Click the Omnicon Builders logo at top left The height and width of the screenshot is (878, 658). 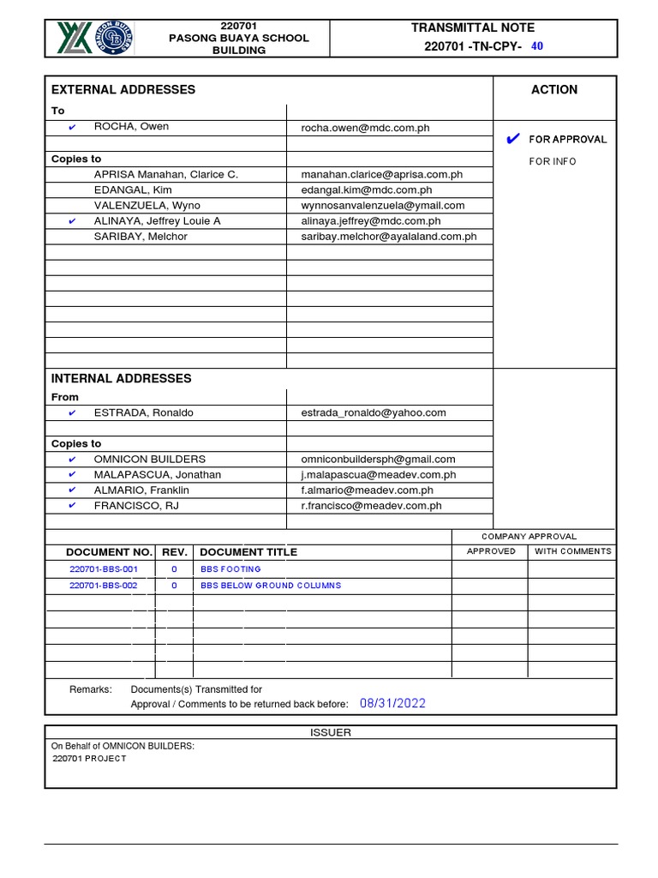tap(95, 39)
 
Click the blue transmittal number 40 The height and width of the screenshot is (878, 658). tap(537, 46)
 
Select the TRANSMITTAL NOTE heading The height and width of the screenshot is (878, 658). tap(472, 28)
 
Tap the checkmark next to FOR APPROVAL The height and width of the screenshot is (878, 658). tap(513, 139)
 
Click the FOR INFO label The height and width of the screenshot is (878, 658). tap(553, 161)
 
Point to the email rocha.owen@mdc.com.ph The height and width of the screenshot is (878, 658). tap(365, 128)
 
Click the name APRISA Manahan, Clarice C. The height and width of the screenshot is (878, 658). tap(165, 174)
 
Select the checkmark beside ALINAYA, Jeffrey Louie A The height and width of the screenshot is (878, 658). tap(72, 221)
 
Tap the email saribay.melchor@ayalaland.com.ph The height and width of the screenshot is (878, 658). tap(388, 237)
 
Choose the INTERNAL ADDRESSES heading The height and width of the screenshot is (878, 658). tap(122, 378)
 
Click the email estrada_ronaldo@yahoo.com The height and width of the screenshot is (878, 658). tap(373, 412)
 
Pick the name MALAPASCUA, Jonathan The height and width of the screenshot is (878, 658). tap(157, 474)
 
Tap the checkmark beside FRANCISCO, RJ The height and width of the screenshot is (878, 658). tap(72, 506)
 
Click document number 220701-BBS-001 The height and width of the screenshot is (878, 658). tap(103, 569)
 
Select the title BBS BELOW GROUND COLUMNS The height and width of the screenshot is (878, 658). tap(271, 586)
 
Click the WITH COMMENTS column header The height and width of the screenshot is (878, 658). tap(572, 551)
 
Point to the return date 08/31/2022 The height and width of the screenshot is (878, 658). tap(392, 703)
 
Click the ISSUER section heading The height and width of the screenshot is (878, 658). tap(330, 732)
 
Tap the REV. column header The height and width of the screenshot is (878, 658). tap(174, 552)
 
